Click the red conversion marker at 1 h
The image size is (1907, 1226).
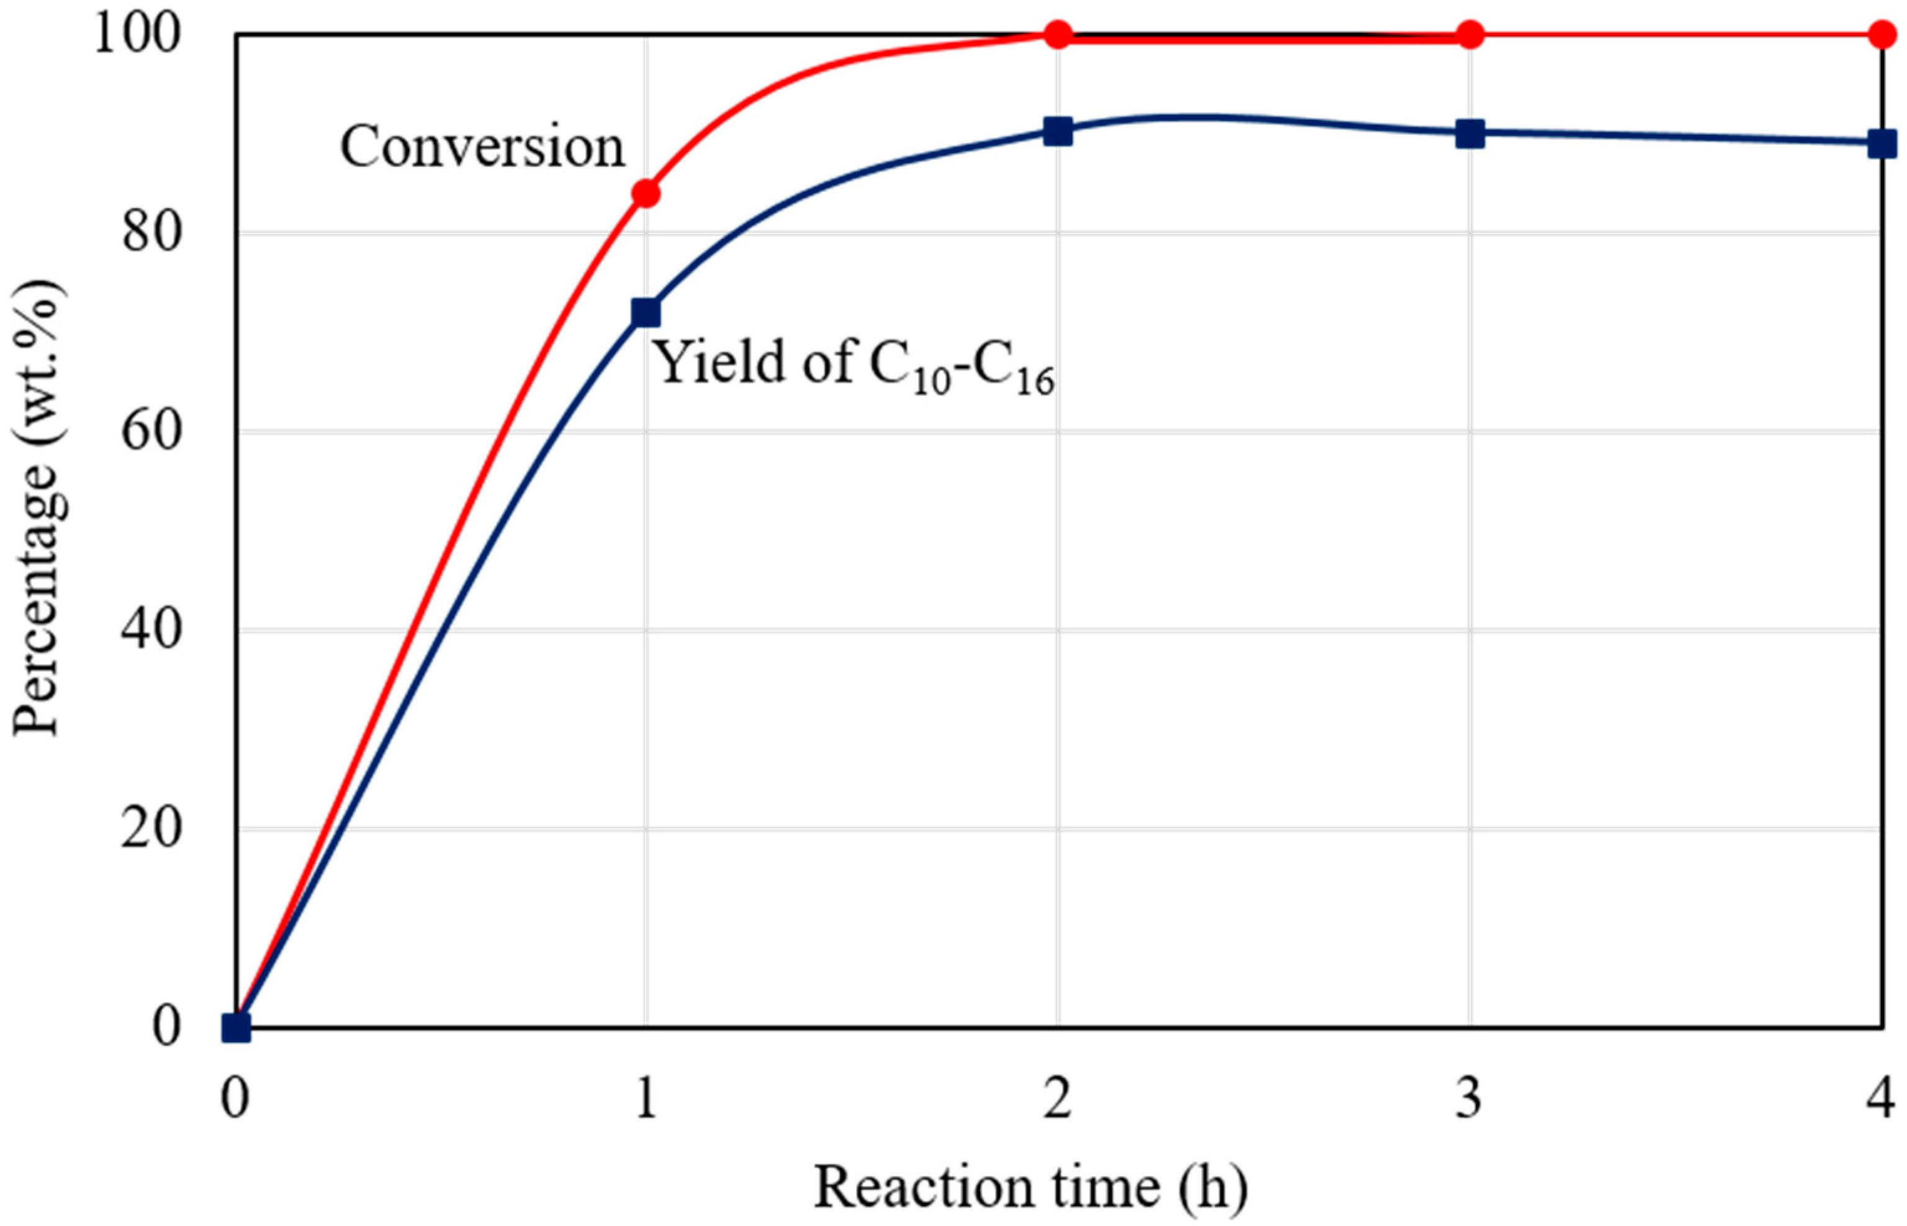[x=646, y=194]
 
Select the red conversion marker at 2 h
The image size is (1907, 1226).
[x=1058, y=35]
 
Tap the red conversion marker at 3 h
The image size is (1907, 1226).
[x=1469, y=35]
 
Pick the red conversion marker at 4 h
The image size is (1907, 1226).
[x=1882, y=35]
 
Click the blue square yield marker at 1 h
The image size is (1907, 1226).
[x=646, y=312]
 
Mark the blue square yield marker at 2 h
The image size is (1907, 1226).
[x=1058, y=132]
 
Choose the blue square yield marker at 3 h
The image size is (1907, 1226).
[x=1469, y=135]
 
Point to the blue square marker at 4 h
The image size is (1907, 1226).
[x=1882, y=144]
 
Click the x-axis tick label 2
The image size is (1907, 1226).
[x=1058, y=1099]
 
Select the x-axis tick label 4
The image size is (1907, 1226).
[x=1882, y=1099]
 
